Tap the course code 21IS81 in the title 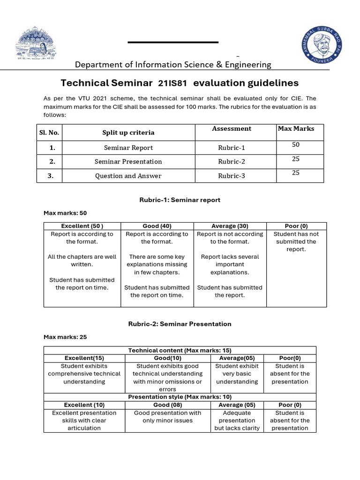pos(172,83)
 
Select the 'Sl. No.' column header pos(49,133)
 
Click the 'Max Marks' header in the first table pos(296,128)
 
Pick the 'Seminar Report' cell pos(128,148)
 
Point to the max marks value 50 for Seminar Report pos(296,145)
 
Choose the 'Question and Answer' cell pos(128,176)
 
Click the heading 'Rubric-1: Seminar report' pos(180,200)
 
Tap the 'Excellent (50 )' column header pos(82,226)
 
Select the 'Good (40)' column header pos(157,226)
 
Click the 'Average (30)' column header pos(230,226)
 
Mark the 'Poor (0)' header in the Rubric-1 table pos(296,226)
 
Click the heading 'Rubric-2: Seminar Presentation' pos(180,324)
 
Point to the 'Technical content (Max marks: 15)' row pos(180,351)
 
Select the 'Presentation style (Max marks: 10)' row pos(180,397)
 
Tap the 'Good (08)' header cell pos(167,405)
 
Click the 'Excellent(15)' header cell pos(84,358)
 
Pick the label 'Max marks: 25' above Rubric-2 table pos(65,337)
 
